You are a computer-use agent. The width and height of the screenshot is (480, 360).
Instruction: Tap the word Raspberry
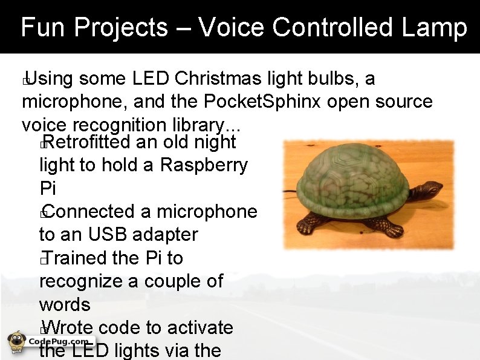[204, 165]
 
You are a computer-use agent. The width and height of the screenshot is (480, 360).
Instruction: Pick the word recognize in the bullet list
[82, 282]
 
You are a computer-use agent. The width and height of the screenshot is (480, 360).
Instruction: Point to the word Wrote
[68, 328]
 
